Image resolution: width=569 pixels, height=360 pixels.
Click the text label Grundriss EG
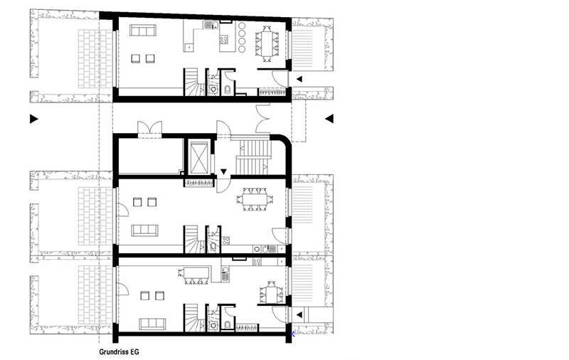[119, 351]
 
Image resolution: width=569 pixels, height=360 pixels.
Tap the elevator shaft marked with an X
[199, 158]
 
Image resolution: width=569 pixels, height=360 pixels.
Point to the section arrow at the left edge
[33, 119]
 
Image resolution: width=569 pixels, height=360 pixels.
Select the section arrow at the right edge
[329, 119]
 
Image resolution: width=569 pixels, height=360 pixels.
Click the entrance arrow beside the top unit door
[299, 79]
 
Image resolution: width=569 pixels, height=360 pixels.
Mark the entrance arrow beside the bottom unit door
[299, 315]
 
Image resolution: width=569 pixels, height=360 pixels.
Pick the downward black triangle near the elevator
[223, 171]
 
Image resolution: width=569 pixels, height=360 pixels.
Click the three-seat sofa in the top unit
[143, 30]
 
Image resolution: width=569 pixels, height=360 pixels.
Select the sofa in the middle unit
[144, 231]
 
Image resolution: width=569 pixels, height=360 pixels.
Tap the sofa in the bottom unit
[152, 324]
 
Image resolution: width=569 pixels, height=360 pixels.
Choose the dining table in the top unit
[267, 41]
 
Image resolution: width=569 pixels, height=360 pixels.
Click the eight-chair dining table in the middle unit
[255, 199]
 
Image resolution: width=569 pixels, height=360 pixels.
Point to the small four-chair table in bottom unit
[271, 292]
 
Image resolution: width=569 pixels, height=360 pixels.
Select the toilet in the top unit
[228, 90]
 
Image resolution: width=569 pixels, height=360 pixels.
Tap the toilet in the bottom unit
[228, 324]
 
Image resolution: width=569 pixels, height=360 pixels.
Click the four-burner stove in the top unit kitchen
[224, 39]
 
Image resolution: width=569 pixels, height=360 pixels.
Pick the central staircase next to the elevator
[254, 157]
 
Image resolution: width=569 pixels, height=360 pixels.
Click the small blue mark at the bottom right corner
[293, 334]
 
